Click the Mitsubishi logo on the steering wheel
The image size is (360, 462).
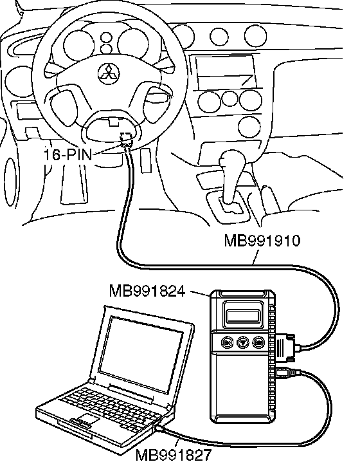click(x=109, y=73)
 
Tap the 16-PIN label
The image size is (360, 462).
click(x=68, y=154)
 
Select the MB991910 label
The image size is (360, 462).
click(x=262, y=240)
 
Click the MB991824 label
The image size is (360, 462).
click(x=147, y=291)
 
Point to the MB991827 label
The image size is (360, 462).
click(x=174, y=455)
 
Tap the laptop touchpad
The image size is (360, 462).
click(x=87, y=419)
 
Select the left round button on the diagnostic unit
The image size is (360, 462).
click(x=228, y=343)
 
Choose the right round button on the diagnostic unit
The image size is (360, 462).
click(x=258, y=343)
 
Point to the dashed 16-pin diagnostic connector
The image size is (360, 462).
click(x=127, y=139)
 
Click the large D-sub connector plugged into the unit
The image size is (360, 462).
click(x=285, y=347)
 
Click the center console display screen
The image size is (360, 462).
click(x=225, y=71)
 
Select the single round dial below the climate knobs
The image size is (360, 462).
click(x=249, y=127)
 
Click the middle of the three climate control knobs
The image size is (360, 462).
click(x=230, y=98)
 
